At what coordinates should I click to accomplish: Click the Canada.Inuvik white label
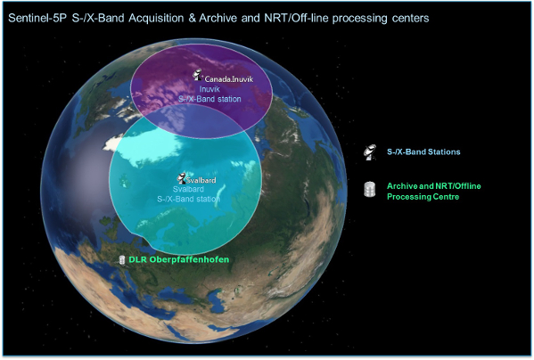229,79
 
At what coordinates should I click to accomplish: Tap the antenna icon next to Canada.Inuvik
198,75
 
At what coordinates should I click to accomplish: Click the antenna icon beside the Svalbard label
182,178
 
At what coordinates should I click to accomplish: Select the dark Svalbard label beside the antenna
201,180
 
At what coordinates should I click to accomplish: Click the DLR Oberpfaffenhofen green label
179,259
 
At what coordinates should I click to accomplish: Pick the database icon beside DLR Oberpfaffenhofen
122,260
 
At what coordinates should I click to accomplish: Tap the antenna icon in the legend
369,152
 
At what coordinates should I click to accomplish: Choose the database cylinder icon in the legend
369,190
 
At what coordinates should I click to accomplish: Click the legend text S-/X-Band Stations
423,151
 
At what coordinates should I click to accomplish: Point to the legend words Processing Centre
423,197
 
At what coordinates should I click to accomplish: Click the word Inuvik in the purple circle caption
209,89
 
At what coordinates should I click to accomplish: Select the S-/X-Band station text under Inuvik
209,99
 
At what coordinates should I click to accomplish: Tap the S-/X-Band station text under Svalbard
188,199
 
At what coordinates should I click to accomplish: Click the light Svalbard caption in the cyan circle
188,189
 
